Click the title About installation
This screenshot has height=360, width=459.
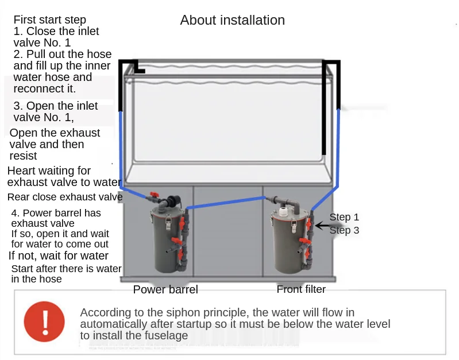[232, 20]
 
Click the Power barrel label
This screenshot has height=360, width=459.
[165, 289]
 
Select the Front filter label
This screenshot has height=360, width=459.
[301, 289]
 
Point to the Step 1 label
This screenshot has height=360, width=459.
[344, 217]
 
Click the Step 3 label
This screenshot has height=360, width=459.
[344, 230]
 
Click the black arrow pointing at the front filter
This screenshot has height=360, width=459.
[322, 226]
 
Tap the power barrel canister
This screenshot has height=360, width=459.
[167, 241]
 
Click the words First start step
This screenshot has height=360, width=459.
[50, 20]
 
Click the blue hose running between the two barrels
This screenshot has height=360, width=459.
[230, 201]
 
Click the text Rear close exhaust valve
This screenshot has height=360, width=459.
[65, 197]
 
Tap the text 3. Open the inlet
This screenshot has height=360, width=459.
[56, 106]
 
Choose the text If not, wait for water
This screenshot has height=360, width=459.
[59, 256]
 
